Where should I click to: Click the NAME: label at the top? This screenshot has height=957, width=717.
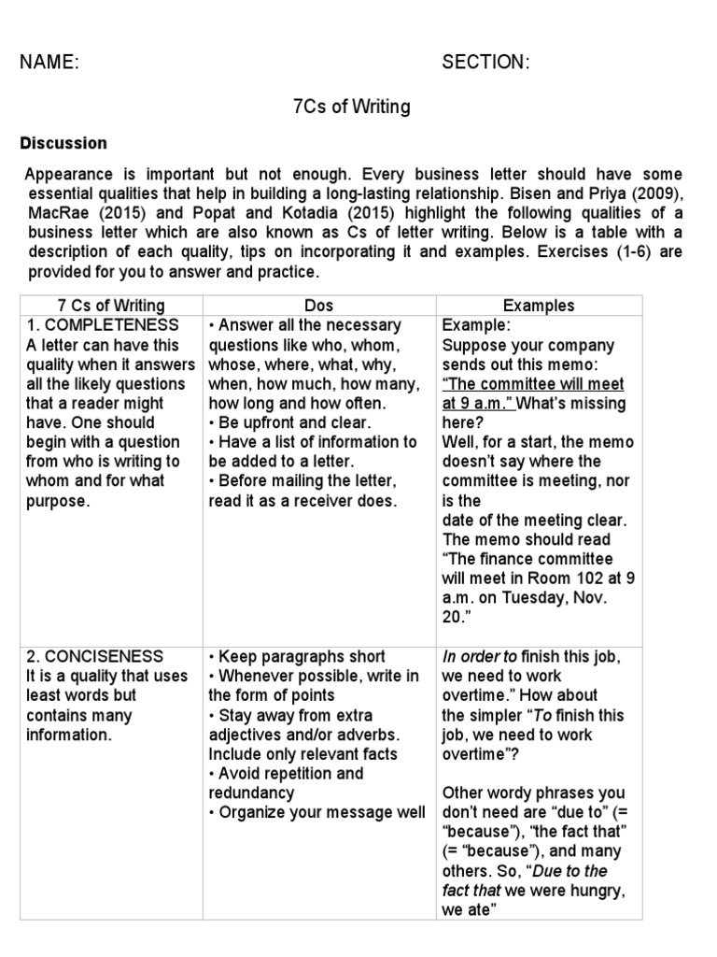click(49, 63)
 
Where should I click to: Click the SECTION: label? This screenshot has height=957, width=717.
click(485, 63)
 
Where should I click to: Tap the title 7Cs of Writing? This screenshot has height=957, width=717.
click(351, 107)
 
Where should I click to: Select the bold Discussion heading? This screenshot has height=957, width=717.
click(63, 143)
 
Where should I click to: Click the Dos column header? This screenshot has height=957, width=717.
click(318, 306)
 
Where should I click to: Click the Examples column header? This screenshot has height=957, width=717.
click(539, 306)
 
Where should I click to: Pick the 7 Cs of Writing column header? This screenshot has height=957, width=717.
click(111, 306)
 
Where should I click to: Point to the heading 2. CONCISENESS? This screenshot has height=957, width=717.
click(97, 656)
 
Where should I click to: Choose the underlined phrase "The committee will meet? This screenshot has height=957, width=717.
click(533, 384)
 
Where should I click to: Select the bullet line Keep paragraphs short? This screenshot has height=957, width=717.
click(297, 656)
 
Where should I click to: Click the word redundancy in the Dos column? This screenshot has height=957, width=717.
click(251, 793)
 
